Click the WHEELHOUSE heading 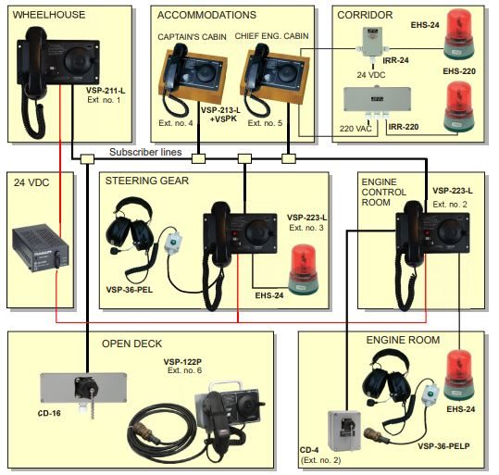(49, 15)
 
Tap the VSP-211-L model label (106, 91)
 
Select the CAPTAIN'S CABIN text (192, 37)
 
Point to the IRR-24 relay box (373, 42)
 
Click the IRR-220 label (404, 127)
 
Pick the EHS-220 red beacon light (458, 106)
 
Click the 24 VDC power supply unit (40, 247)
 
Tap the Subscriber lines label (145, 152)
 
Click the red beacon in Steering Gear (304, 269)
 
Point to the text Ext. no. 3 (306, 228)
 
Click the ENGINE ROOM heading (403, 340)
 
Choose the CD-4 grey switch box (344, 431)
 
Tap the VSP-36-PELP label (443, 446)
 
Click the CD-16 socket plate (83, 388)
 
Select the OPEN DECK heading (131, 344)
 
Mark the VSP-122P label (182, 362)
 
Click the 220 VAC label (356, 129)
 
